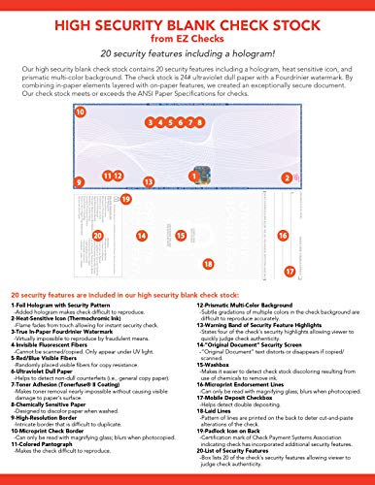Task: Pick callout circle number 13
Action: click(148, 181)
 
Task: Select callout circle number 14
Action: click(142, 236)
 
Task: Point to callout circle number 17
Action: click(343, 271)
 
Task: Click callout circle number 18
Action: click(206, 264)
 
